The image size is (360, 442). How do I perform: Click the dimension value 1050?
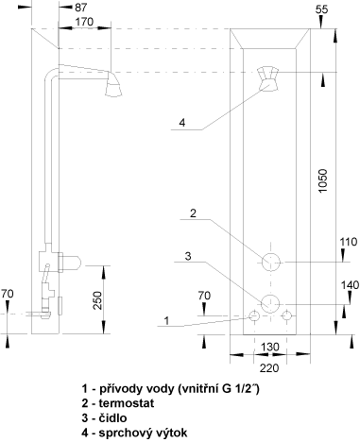323,181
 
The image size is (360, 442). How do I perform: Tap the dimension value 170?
84,22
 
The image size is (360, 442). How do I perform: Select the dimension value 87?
80,8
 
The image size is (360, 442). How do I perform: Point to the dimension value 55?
321,9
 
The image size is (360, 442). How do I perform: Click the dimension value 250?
98,300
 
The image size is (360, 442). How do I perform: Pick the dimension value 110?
349,242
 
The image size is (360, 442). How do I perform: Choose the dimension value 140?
350,285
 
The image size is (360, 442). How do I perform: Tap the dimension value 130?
270,347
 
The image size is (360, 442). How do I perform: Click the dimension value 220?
269,367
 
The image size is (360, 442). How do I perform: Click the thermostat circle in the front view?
271,262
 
